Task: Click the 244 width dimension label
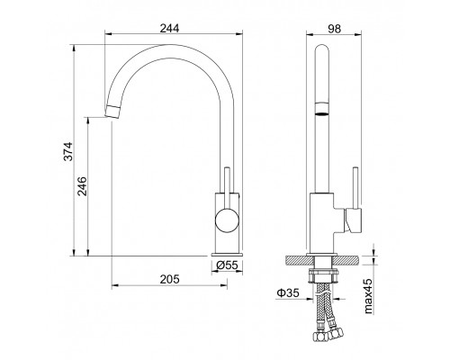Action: tap(169, 28)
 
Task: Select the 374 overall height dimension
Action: tap(68, 151)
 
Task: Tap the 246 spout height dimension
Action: tap(82, 186)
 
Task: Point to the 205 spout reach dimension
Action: tap(169, 279)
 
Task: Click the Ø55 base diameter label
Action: tap(227, 265)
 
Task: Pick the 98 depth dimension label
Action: tap(334, 29)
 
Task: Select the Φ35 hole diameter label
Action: tap(288, 292)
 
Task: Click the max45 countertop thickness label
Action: tap(368, 296)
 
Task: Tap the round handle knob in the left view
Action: tap(227, 220)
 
